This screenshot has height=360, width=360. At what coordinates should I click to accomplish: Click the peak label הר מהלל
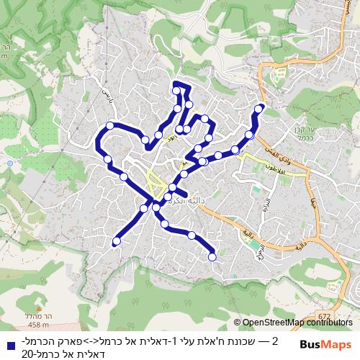point(13,306)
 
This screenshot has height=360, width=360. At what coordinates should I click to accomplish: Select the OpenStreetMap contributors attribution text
point(297,323)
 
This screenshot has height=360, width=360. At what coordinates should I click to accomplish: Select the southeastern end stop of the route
point(212,256)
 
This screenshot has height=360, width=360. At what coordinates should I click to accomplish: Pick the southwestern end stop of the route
point(116,242)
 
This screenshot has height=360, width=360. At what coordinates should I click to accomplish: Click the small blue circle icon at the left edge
point(10,163)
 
